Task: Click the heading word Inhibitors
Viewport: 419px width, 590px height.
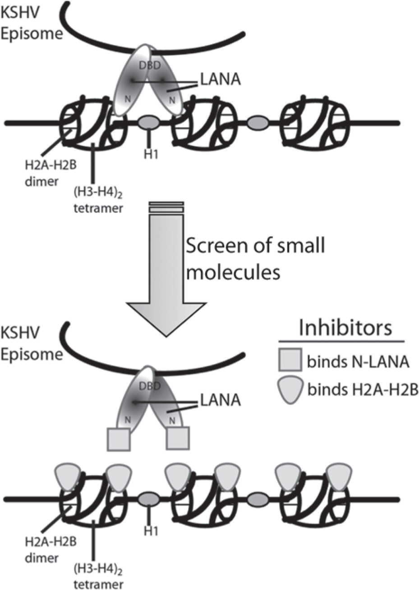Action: point(345,328)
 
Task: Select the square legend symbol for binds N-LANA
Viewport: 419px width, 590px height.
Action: point(290,359)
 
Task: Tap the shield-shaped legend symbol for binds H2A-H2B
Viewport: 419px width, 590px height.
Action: point(290,391)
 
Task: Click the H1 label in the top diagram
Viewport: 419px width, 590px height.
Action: point(151,154)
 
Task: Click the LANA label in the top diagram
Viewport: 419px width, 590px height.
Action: point(221,79)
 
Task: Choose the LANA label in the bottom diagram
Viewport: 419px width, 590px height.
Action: point(221,400)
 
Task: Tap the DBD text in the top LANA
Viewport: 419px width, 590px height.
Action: point(150,66)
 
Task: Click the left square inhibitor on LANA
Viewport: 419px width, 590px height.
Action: point(119,439)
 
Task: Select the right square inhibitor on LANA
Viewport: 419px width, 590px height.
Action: point(178,438)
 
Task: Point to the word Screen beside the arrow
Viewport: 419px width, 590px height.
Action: point(217,246)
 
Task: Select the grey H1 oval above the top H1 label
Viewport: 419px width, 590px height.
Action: point(149,123)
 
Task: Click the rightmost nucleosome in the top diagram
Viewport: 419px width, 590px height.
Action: point(315,123)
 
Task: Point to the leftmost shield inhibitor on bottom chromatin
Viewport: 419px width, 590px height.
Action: point(67,477)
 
